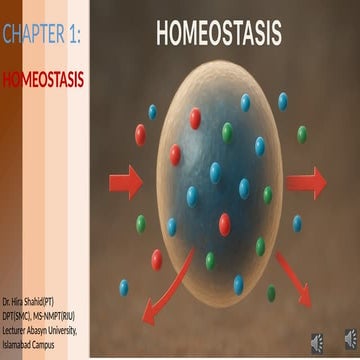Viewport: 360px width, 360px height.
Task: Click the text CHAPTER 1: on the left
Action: coord(41,38)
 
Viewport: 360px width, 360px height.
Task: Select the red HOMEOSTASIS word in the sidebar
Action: coord(41,78)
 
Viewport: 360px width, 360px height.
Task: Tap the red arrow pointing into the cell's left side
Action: coord(124,182)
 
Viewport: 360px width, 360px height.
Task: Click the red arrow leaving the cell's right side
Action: coord(305,182)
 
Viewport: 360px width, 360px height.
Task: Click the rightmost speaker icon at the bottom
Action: coord(350,343)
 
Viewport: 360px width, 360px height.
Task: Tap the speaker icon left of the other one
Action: coord(317,343)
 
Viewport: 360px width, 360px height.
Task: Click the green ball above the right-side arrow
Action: coord(301,134)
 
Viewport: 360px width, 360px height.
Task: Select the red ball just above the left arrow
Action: coord(141,135)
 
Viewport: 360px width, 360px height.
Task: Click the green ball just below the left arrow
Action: coord(141,222)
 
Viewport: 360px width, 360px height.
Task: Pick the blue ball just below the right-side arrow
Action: coord(297,223)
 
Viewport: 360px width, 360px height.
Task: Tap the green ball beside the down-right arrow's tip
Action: coord(271,293)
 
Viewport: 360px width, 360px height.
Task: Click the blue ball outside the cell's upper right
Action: coord(283,101)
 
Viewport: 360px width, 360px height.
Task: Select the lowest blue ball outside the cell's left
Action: coord(124,288)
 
